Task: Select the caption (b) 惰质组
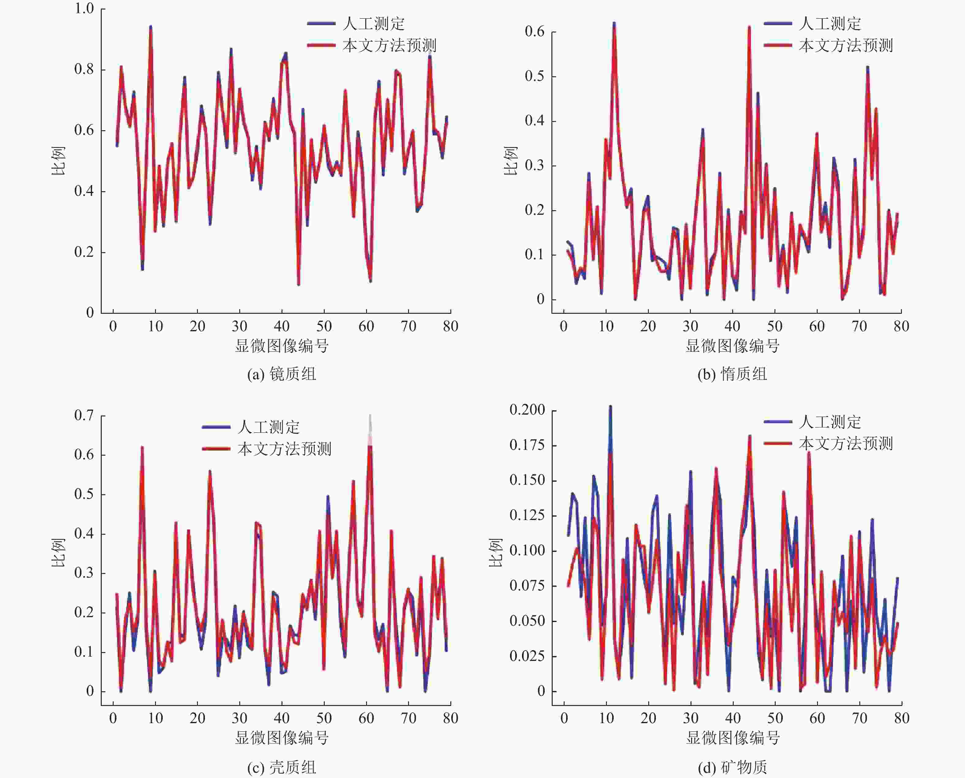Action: click(732, 374)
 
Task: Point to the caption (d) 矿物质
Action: click(732, 768)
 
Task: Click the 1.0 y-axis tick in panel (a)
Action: click(84, 9)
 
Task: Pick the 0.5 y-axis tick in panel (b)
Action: click(535, 76)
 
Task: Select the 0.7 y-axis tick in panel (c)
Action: click(84, 416)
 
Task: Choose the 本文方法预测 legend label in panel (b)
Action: click(846, 45)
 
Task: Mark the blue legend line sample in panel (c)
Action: click(216, 427)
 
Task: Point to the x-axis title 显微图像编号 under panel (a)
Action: click(282, 346)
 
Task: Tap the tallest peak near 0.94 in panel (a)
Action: click(151, 27)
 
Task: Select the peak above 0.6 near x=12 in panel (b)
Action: click(614, 23)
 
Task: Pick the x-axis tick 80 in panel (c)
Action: click(450, 718)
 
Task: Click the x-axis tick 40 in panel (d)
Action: click(733, 718)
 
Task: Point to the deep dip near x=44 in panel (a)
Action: click(298, 284)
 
